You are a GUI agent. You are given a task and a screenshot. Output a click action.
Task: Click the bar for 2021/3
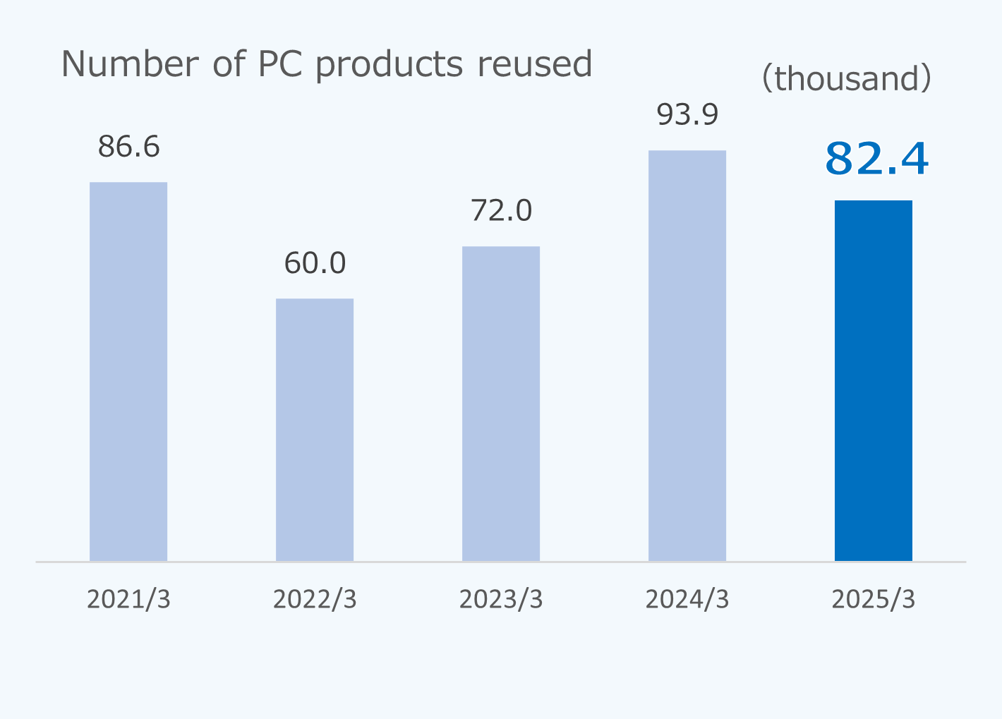pyautogui.click(x=128, y=372)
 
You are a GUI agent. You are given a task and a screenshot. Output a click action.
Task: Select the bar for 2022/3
pyautogui.click(x=315, y=430)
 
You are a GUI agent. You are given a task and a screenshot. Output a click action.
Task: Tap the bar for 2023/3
pyautogui.click(x=501, y=404)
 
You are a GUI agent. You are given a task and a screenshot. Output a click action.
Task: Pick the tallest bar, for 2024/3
pyautogui.click(x=687, y=356)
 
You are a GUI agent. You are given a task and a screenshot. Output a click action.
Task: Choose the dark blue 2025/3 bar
pyautogui.click(x=874, y=381)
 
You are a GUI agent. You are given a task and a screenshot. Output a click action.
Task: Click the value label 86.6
pyautogui.click(x=129, y=147)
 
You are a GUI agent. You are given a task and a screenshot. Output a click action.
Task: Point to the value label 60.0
pyautogui.click(x=315, y=263)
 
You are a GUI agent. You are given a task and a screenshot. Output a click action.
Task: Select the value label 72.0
pyautogui.click(x=501, y=211)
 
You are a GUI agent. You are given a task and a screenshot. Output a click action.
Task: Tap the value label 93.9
pyautogui.click(x=687, y=114)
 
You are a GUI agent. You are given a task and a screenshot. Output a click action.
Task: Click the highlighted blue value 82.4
pyautogui.click(x=876, y=159)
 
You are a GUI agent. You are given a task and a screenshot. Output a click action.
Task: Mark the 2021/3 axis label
pyautogui.click(x=128, y=599)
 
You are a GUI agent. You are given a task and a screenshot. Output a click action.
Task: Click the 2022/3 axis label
pyautogui.click(x=315, y=599)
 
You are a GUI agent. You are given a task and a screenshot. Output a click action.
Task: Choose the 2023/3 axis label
pyautogui.click(x=501, y=599)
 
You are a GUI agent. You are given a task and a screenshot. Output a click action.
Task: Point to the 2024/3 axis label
pyautogui.click(x=687, y=599)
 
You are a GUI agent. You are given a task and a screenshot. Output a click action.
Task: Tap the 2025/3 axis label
pyautogui.click(x=874, y=599)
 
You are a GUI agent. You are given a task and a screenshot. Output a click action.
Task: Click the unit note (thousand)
pyautogui.click(x=847, y=78)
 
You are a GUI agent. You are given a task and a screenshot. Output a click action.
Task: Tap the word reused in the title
pyautogui.click(x=534, y=64)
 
